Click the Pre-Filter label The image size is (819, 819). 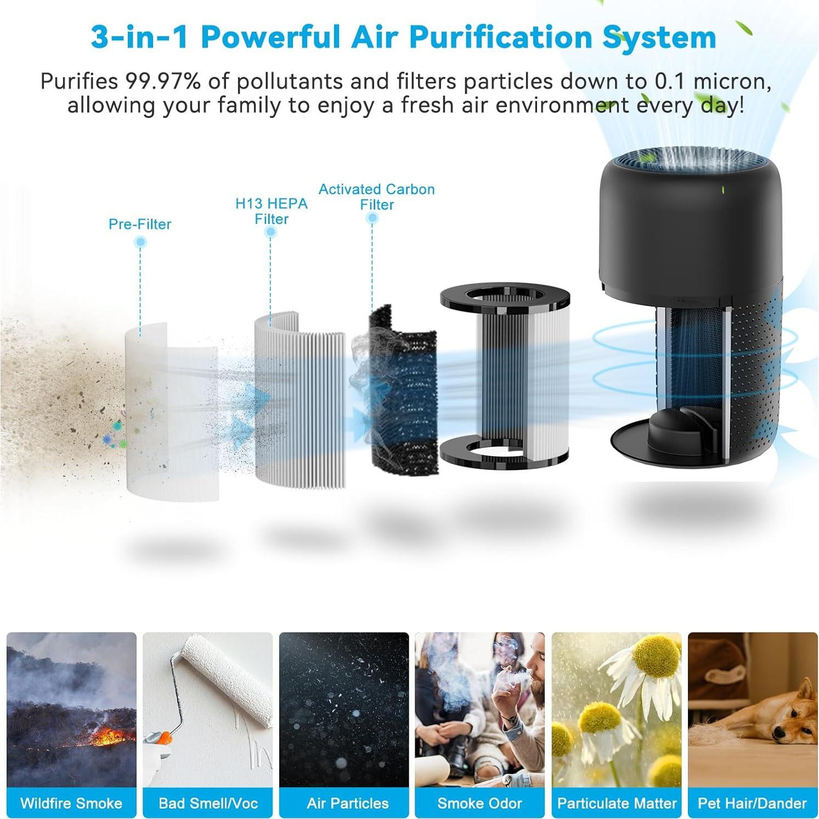140,224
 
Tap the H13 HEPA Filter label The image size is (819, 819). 271,211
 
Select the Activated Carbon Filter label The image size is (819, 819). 376,197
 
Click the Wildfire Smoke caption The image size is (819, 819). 71,803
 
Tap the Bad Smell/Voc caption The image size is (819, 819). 208,803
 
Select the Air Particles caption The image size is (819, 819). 347,803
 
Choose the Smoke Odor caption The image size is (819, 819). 479,803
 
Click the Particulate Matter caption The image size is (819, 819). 617,803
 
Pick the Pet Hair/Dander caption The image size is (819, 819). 752,803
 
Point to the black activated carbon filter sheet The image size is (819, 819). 403,395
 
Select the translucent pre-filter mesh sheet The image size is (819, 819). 170,411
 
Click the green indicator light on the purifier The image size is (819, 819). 722,190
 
